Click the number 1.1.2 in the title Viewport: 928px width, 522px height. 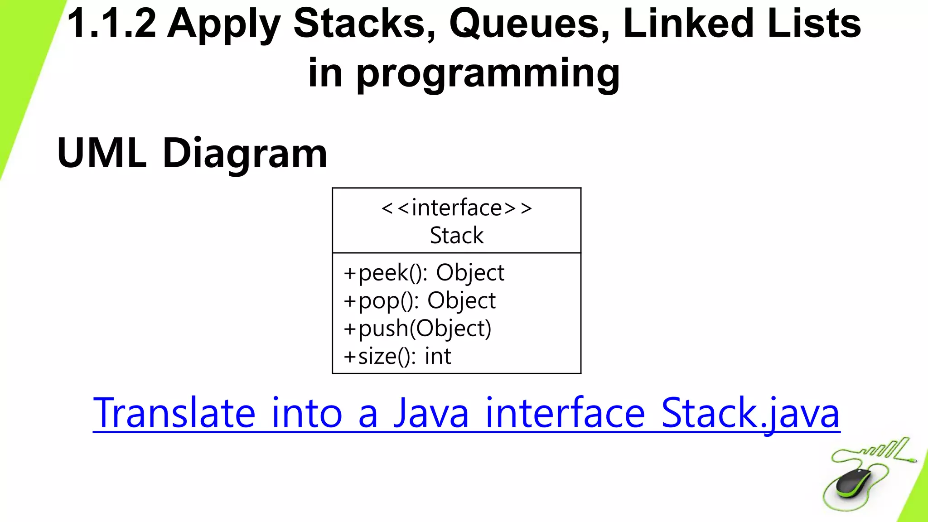111,24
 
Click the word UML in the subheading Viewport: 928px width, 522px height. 102,153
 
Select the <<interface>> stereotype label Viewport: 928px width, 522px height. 457,208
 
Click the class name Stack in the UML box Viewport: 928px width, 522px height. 457,235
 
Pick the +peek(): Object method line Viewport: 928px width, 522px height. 424,273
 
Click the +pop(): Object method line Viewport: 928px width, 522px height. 420,301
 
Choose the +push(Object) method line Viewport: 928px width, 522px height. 417,329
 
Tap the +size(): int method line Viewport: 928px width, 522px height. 397,356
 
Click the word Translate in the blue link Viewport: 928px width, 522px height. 174,413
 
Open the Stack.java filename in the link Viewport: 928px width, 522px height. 750,413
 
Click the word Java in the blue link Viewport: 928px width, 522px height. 431,413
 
